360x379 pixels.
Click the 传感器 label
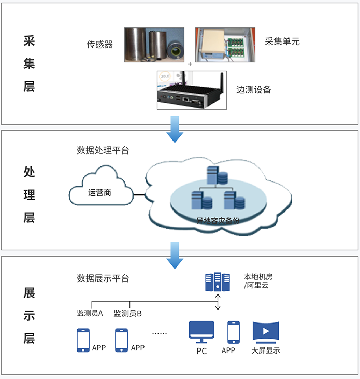click(x=99, y=45)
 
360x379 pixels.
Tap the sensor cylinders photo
click(x=154, y=45)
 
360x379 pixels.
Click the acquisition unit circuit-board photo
click(x=225, y=45)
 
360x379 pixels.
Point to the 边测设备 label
click(x=253, y=89)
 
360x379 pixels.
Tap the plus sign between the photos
click(x=190, y=64)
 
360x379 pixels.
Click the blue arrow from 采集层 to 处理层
click(x=175, y=128)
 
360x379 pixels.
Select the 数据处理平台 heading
click(x=103, y=151)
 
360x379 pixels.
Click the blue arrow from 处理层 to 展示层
click(x=175, y=256)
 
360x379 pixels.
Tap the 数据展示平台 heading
click(x=103, y=278)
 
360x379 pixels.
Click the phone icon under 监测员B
click(x=121, y=340)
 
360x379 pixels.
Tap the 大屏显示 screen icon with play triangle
click(x=266, y=332)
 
